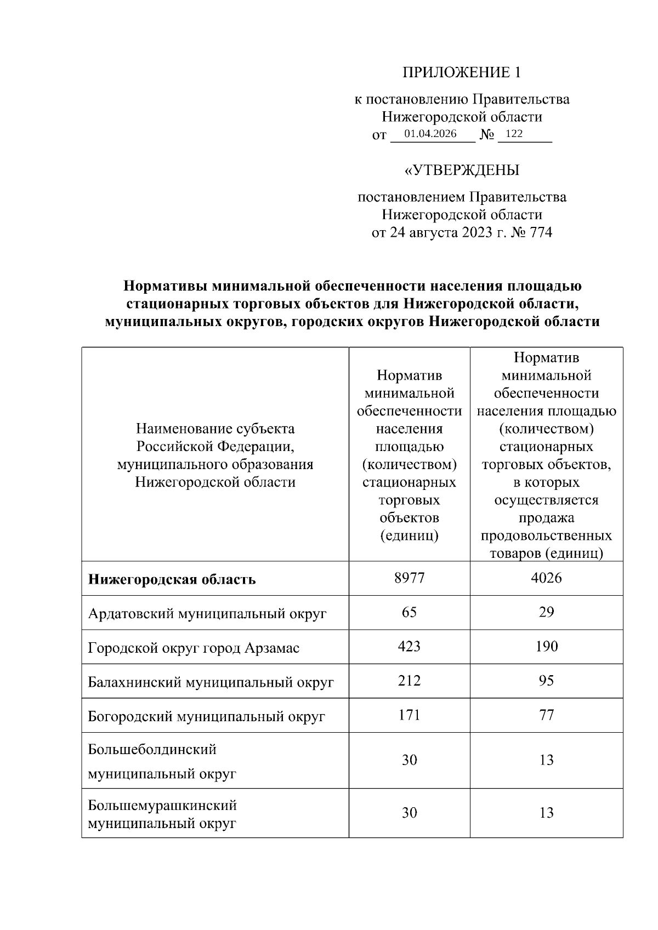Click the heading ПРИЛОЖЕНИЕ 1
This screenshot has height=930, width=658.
pos(461,73)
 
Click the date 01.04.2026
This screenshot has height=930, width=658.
pos(430,134)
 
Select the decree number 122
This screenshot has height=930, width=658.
pos(514,134)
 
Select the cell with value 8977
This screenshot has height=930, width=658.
pos(409,578)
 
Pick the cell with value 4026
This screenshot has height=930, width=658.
pos(546,578)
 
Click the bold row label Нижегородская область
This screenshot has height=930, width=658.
pos(172,579)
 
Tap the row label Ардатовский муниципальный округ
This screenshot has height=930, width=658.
pos(207,613)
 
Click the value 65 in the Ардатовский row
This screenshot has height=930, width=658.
pos(409,612)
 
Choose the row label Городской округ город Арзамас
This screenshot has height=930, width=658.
pos(194,648)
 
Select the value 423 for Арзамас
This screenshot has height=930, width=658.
pos(409,647)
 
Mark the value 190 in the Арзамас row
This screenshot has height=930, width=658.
pos(546,647)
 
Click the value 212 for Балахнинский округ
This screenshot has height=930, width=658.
pos(409,681)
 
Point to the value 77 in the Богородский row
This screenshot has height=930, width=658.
pos(546,715)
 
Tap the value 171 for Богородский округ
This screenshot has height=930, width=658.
pos(409,715)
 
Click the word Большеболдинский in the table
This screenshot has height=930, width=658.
pos(152,749)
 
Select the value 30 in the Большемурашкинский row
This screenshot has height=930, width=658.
pos(409,813)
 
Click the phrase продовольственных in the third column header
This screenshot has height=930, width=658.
pos(546,535)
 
